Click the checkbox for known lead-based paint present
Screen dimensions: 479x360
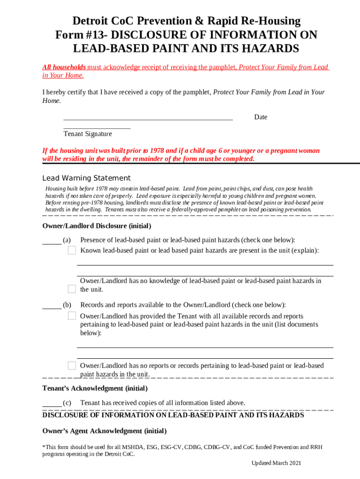click(x=72, y=251)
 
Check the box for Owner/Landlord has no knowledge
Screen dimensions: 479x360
click(x=72, y=289)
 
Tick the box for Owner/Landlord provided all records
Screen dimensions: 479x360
click(x=72, y=316)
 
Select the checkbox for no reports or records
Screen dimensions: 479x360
click(x=72, y=365)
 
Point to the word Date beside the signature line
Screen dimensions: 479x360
click(x=260, y=117)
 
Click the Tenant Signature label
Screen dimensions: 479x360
click(x=87, y=134)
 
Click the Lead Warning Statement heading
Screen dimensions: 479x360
click(x=86, y=178)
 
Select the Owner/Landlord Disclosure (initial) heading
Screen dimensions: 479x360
click(x=96, y=226)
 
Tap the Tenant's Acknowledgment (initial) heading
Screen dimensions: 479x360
click(x=95, y=388)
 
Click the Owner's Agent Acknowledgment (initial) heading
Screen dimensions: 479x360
click(x=104, y=431)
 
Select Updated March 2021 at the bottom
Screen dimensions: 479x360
click(x=276, y=463)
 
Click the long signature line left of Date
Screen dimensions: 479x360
click(x=148, y=120)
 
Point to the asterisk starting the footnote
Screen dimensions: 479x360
click(x=43, y=447)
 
